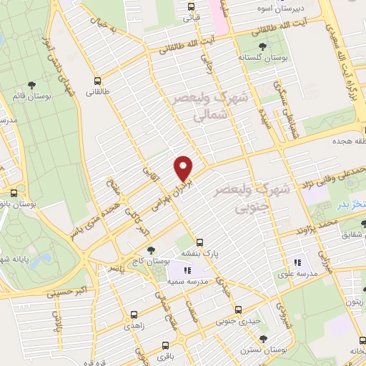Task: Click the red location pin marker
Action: pos(184,168)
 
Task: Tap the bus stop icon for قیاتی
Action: pos(190,7)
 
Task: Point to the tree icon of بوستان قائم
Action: pos(17,94)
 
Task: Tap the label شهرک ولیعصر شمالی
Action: pos(211,104)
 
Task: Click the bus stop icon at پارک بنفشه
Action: pos(199,242)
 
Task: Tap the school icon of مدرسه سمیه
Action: pos(187,270)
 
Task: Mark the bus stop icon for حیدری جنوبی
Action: pos(239,310)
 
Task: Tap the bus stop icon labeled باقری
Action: pos(173,343)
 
